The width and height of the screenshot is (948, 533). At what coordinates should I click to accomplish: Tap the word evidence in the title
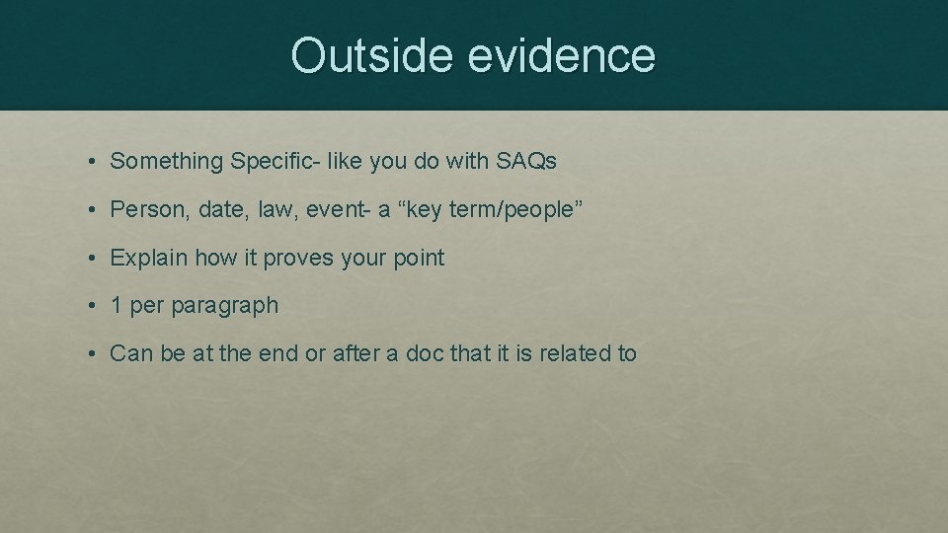tap(561, 55)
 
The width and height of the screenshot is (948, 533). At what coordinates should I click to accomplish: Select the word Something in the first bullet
tap(166, 162)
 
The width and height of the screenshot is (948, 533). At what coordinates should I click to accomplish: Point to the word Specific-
tap(274, 162)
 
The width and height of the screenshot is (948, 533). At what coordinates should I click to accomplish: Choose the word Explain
tap(149, 258)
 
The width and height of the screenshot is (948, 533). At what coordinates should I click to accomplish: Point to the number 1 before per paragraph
tap(117, 306)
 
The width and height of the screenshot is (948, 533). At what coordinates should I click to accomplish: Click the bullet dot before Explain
tap(90, 259)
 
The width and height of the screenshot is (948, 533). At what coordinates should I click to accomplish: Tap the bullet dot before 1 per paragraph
tap(90, 306)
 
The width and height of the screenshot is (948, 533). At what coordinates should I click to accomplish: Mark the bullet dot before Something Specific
tap(90, 162)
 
